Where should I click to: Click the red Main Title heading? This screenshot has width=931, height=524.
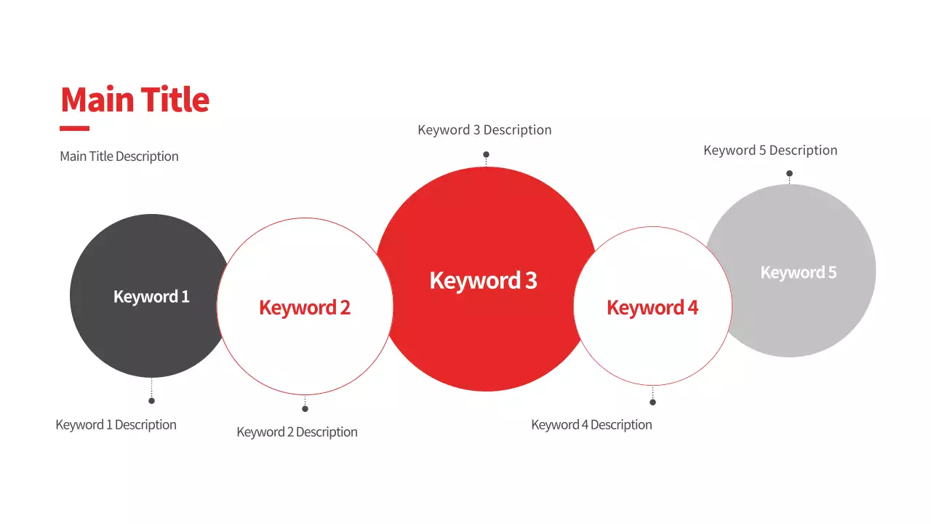click(x=135, y=100)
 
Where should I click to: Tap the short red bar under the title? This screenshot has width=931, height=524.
click(x=74, y=129)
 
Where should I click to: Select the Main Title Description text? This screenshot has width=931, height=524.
click(x=119, y=156)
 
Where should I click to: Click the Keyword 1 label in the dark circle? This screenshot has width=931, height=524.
click(x=151, y=297)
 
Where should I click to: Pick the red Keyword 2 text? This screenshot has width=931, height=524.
click(x=305, y=308)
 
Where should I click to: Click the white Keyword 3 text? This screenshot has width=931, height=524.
click(x=484, y=280)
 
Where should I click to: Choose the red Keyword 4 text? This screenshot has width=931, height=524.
click(x=652, y=308)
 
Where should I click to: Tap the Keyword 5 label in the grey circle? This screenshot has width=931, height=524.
click(x=799, y=272)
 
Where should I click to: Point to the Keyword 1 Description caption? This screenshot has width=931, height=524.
click(x=116, y=425)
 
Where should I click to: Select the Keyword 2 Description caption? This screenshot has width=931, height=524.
click(x=297, y=432)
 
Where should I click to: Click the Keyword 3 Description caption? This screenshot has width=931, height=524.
click(x=484, y=130)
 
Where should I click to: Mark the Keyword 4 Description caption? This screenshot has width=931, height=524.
click(x=591, y=425)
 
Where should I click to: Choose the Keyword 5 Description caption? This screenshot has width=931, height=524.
click(x=770, y=151)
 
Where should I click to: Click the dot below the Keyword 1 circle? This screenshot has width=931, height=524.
click(x=152, y=401)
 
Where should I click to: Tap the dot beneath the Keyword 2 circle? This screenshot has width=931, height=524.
click(x=305, y=409)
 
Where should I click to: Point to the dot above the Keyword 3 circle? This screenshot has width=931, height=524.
click(x=486, y=155)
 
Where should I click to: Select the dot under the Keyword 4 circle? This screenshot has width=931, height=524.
click(x=652, y=402)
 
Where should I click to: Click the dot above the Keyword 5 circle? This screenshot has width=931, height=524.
click(x=789, y=173)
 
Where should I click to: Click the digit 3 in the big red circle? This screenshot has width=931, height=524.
click(x=531, y=281)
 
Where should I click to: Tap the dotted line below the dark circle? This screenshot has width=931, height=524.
click(x=152, y=388)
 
